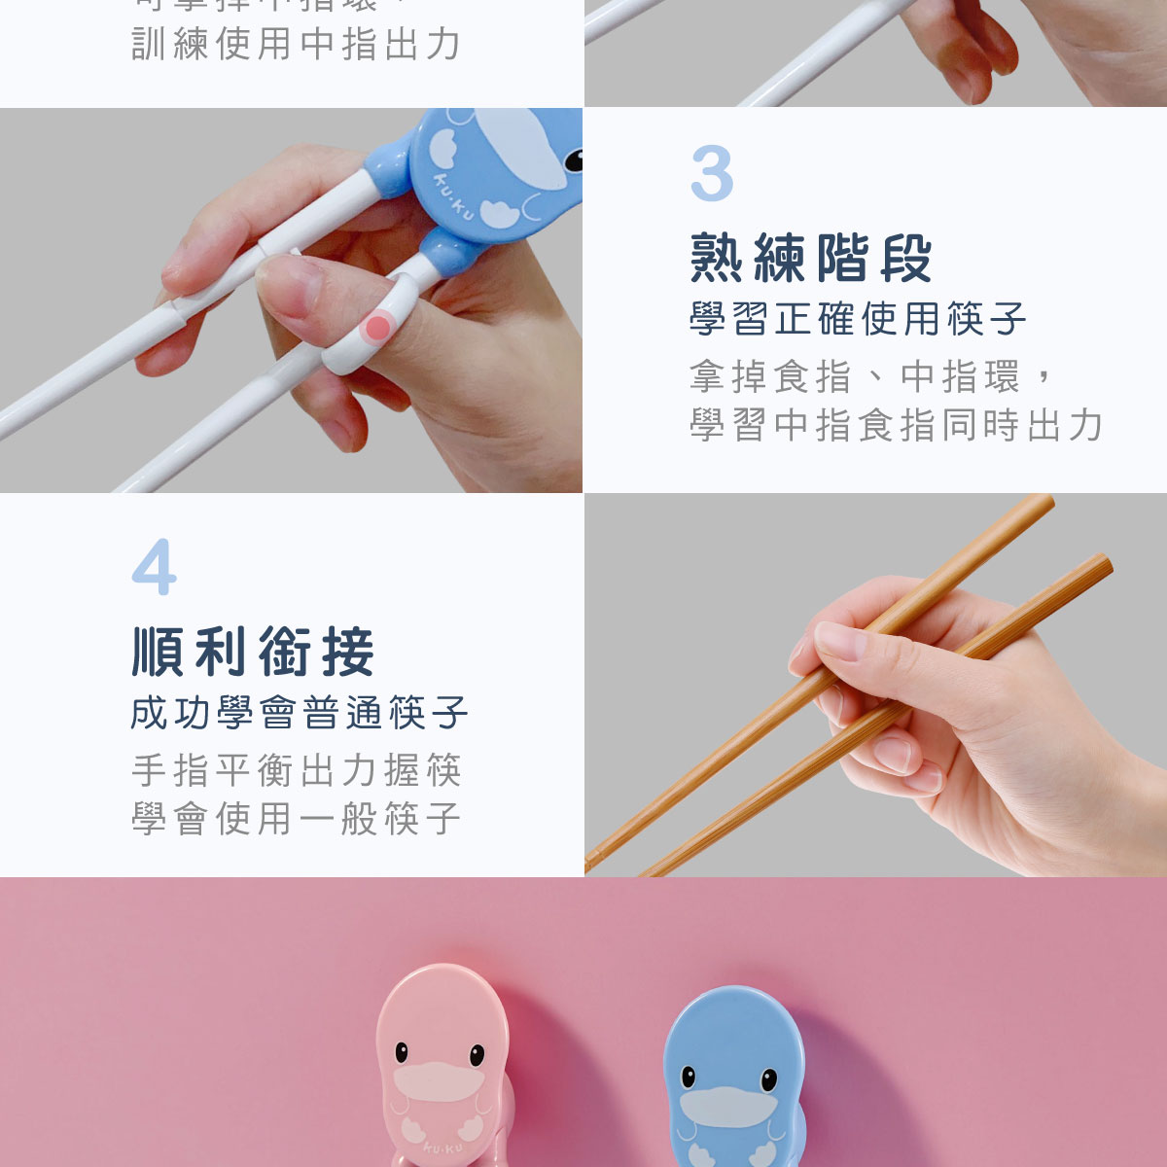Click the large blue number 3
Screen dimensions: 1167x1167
(712, 174)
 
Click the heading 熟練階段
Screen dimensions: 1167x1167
(811, 259)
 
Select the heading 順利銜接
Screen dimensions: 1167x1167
(254, 652)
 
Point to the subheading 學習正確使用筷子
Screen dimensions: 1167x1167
(858, 319)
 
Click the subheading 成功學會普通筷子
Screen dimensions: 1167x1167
(300, 713)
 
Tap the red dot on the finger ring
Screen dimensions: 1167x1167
(376, 328)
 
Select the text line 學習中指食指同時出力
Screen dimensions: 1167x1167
(896, 425)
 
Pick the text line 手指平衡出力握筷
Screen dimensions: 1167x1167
(296, 770)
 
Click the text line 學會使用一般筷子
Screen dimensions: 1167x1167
(296, 819)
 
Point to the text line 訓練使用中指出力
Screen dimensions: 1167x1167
(296, 44)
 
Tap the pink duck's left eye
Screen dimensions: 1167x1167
(401, 1052)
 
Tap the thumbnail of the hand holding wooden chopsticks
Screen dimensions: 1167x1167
(875, 685)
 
